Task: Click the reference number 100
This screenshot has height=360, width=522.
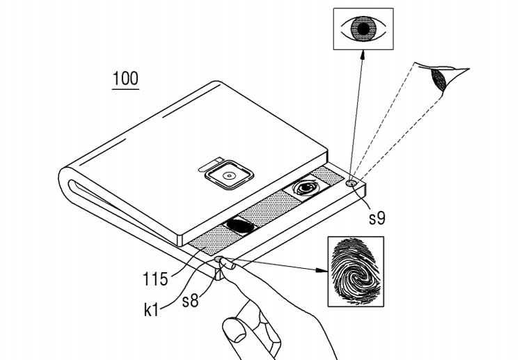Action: pos(125,79)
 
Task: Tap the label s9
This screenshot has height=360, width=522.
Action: pos(377,218)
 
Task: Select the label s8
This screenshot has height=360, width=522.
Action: pos(191,301)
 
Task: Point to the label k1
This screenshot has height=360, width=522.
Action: pos(151,310)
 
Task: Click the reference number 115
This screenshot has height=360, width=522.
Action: pos(155,279)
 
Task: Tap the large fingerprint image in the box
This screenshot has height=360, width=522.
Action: pos(356,271)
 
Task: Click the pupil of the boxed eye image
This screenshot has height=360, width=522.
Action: pos(363,29)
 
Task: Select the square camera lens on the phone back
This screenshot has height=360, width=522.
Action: pos(229,175)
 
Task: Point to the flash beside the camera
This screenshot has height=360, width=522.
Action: pos(209,164)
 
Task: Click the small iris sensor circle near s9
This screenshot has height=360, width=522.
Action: pos(351,182)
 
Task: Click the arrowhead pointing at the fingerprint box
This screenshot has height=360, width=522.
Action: pos(322,270)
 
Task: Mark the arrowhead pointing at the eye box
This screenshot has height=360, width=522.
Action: pos(363,56)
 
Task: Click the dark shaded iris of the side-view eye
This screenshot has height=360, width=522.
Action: pos(438,79)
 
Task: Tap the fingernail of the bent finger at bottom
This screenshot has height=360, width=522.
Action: pos(235,331)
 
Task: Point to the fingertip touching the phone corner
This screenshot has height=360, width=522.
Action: pos(228,265)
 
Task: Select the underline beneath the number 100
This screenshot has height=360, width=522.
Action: pos(125,89)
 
